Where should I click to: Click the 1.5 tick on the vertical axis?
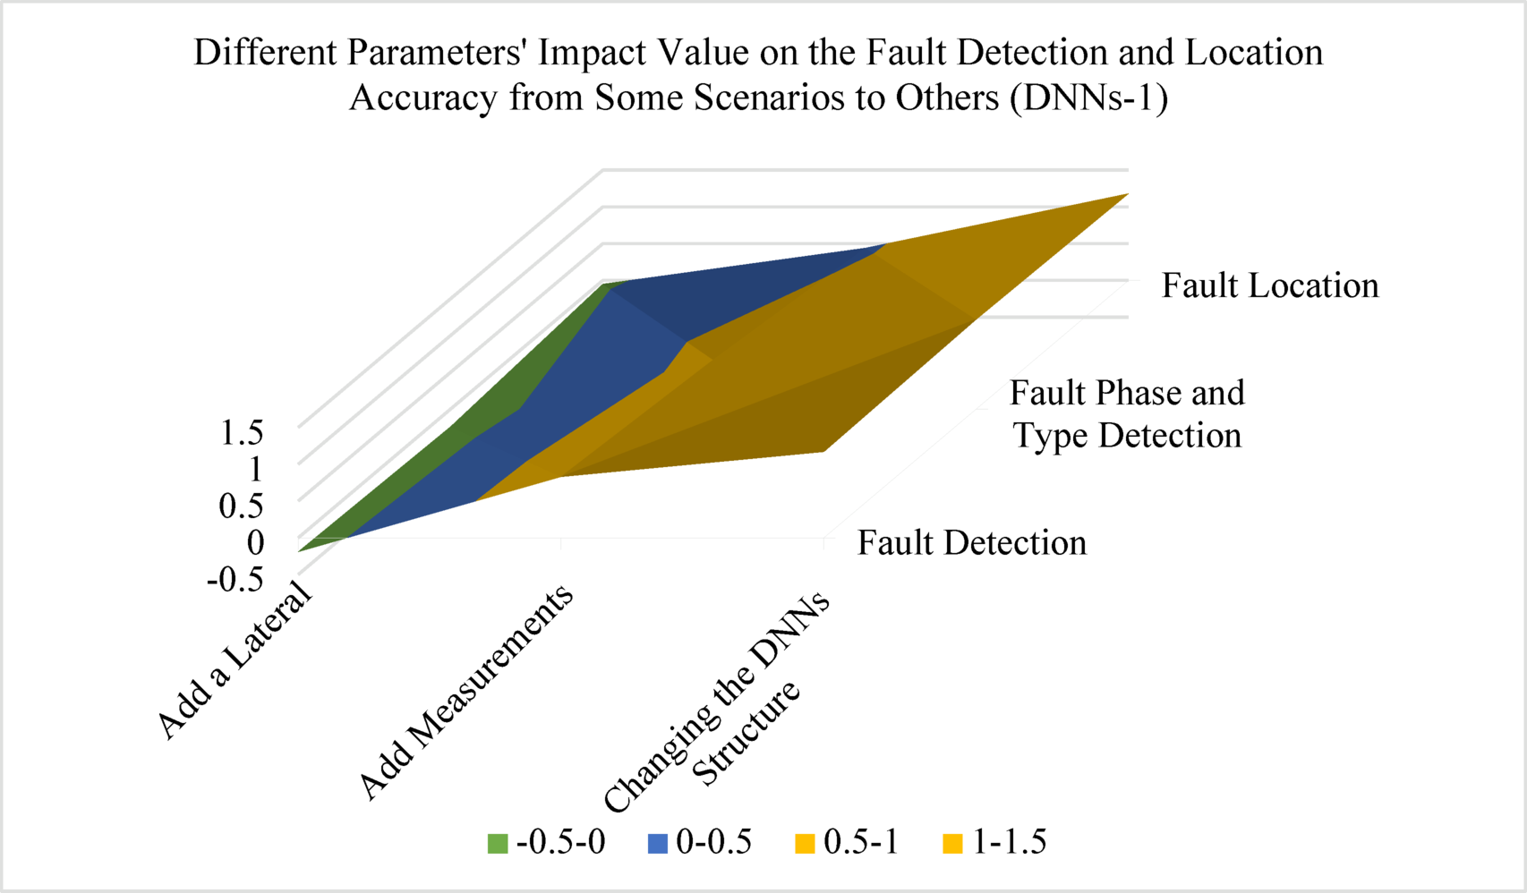242,433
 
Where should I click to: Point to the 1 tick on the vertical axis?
255,469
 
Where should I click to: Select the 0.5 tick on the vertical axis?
242,506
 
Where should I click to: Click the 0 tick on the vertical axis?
256,542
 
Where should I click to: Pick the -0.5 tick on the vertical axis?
235,580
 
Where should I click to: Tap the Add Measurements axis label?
465,691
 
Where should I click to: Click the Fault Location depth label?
1270,286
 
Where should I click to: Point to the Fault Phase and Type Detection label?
1127,414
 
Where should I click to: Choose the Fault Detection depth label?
972,543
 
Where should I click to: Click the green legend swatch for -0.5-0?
498,843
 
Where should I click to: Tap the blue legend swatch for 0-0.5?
658,843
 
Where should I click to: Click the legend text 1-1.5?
1010,842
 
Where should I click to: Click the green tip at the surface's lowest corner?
304,549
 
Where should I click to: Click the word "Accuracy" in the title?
423,98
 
